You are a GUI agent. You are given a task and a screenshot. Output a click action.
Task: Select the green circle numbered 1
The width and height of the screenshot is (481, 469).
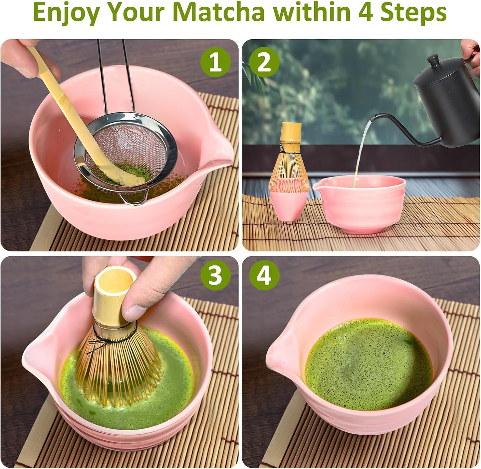tap(215, 62)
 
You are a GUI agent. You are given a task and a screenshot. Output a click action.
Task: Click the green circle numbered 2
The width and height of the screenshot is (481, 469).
tap(264, 62)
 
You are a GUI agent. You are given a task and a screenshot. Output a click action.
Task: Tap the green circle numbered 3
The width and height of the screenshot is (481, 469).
tap(215, 275)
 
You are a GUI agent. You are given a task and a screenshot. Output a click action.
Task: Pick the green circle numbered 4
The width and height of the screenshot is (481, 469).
tap(264, 275)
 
